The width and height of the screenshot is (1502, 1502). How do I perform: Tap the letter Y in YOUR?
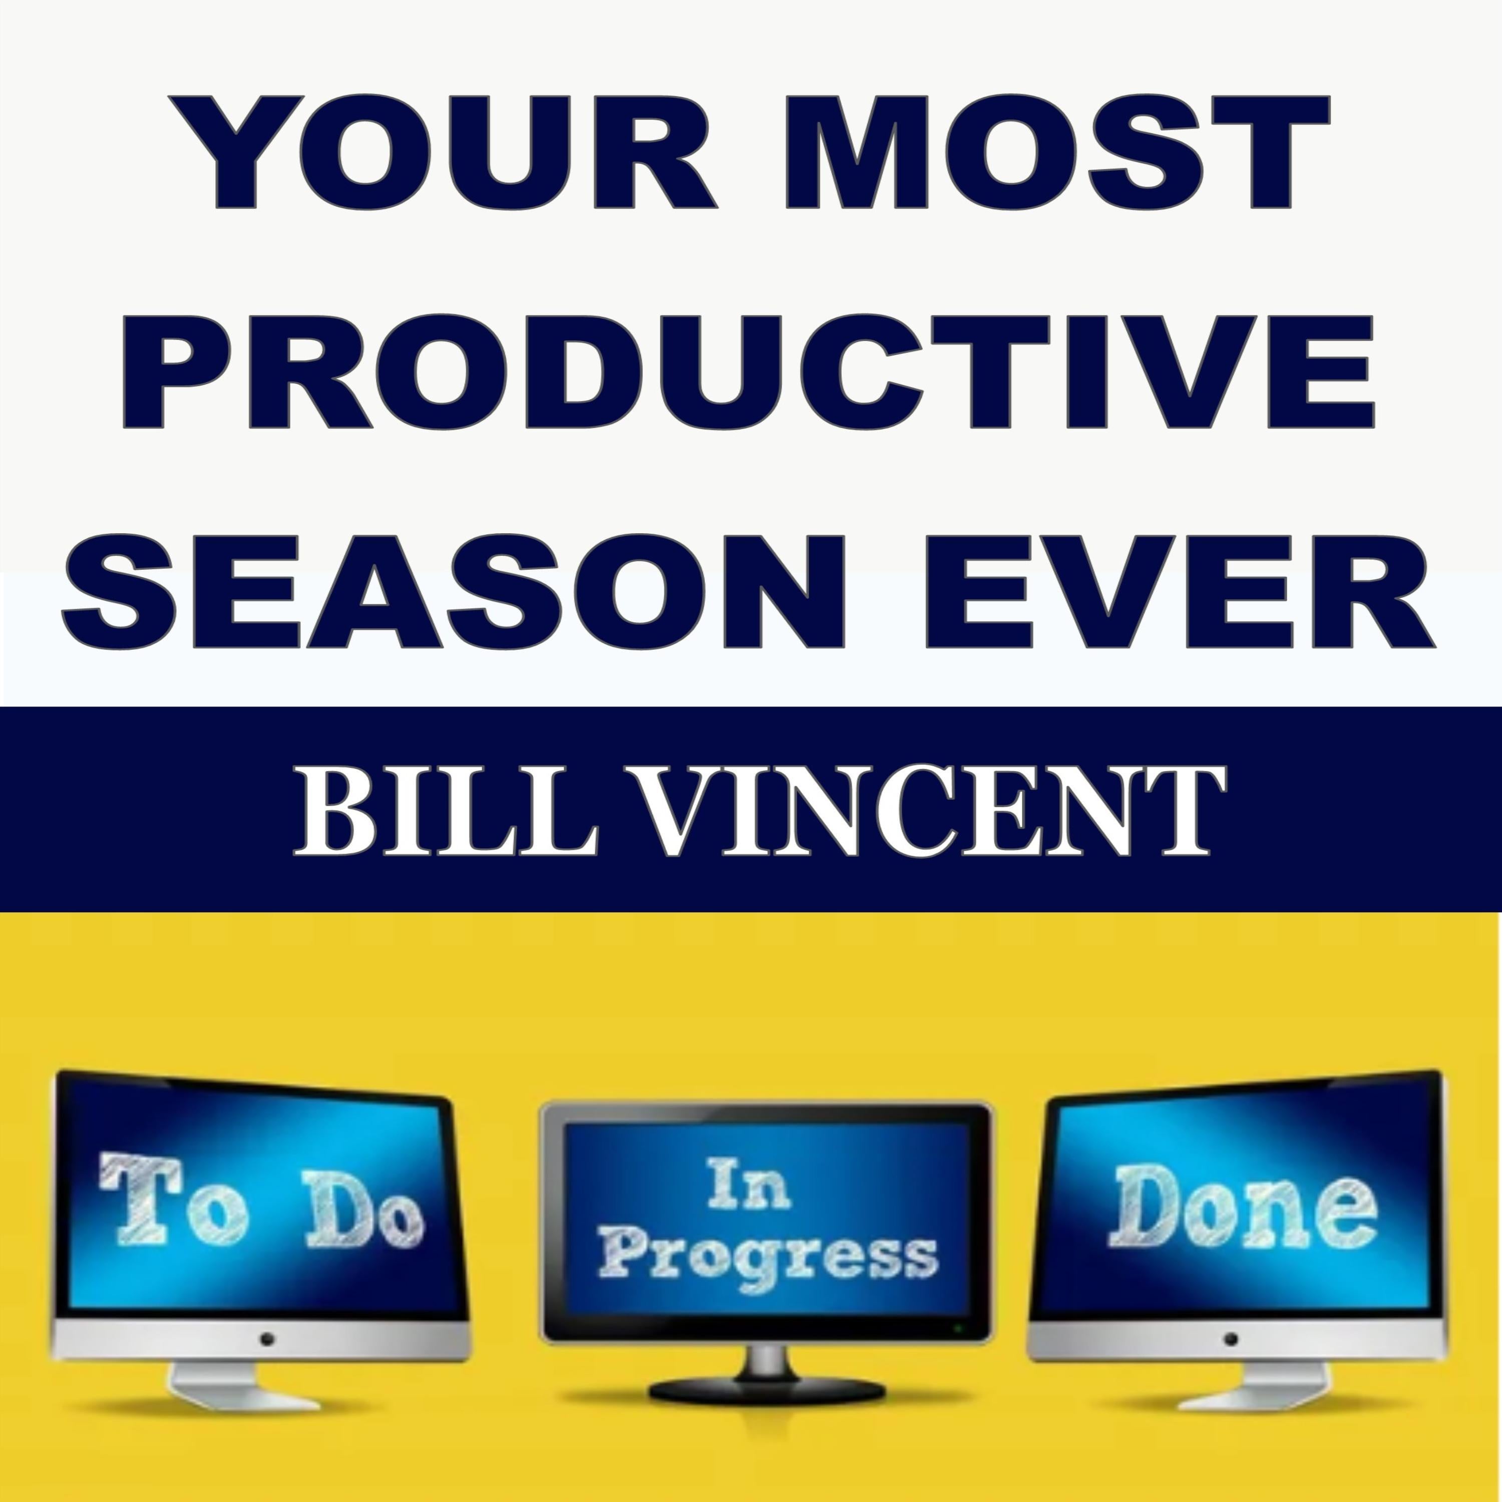pyautogui.click(x=237, y=152)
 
